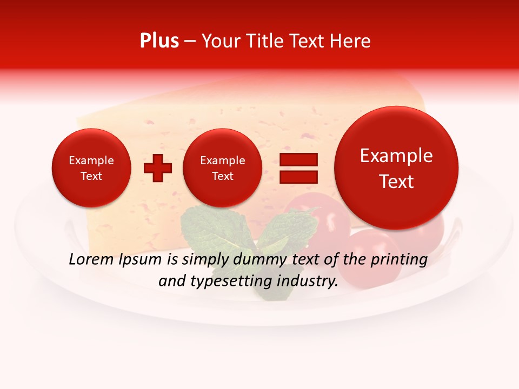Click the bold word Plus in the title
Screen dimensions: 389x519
159,41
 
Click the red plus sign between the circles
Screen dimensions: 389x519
158,167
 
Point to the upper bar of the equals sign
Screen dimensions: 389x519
298,160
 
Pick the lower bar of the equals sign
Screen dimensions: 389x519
298,177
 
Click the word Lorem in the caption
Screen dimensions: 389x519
91,259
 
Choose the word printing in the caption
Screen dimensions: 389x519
399,260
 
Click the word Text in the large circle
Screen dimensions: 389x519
396,182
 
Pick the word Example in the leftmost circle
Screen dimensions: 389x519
91,160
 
